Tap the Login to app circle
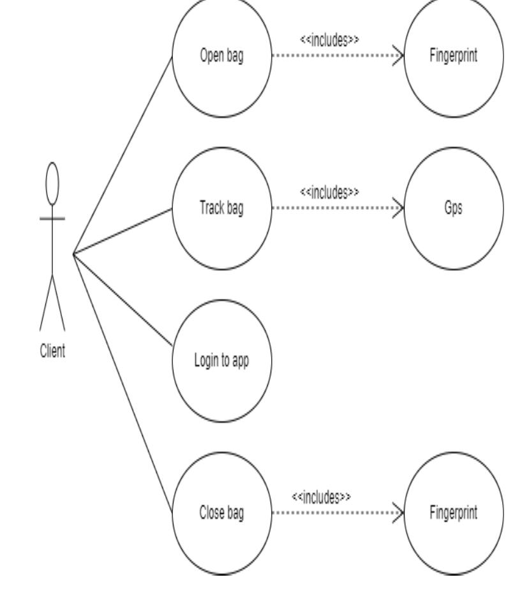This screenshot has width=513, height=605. click(x=221, y=360)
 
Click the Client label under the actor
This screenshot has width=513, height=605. click(x=52, y=352)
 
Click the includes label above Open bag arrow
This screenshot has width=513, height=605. click(x=329, y=40)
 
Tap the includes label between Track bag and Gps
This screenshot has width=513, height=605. click(x=329, y=191)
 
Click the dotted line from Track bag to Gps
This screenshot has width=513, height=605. click(x=332, y=208)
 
